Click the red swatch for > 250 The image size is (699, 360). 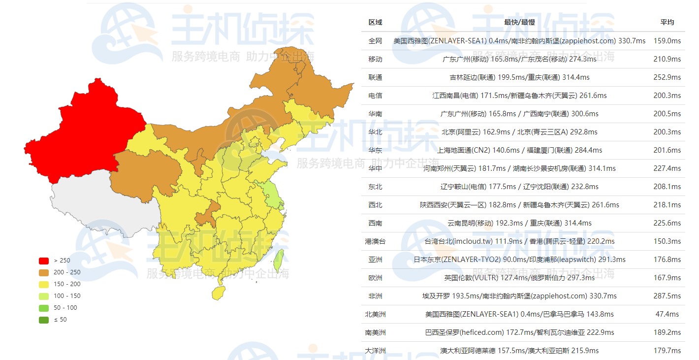coord(44,261)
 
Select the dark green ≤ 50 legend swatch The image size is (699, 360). coord(44,320)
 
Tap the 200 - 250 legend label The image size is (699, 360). coord(67,272)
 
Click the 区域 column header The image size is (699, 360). coord(375,22)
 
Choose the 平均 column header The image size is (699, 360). coord(667,22)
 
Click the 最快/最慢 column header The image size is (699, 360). coord(519,22)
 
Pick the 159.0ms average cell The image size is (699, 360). coord(667,41)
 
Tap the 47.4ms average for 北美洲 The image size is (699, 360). coord(667,314)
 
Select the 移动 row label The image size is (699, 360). coord(375,59)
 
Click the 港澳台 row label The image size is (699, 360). coord(375,241)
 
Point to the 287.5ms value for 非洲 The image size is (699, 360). coord(667,296)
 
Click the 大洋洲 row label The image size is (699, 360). coord(375,351)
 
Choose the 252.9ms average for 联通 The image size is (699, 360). coord(667,77)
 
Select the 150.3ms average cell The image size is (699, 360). coord(667,241)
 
